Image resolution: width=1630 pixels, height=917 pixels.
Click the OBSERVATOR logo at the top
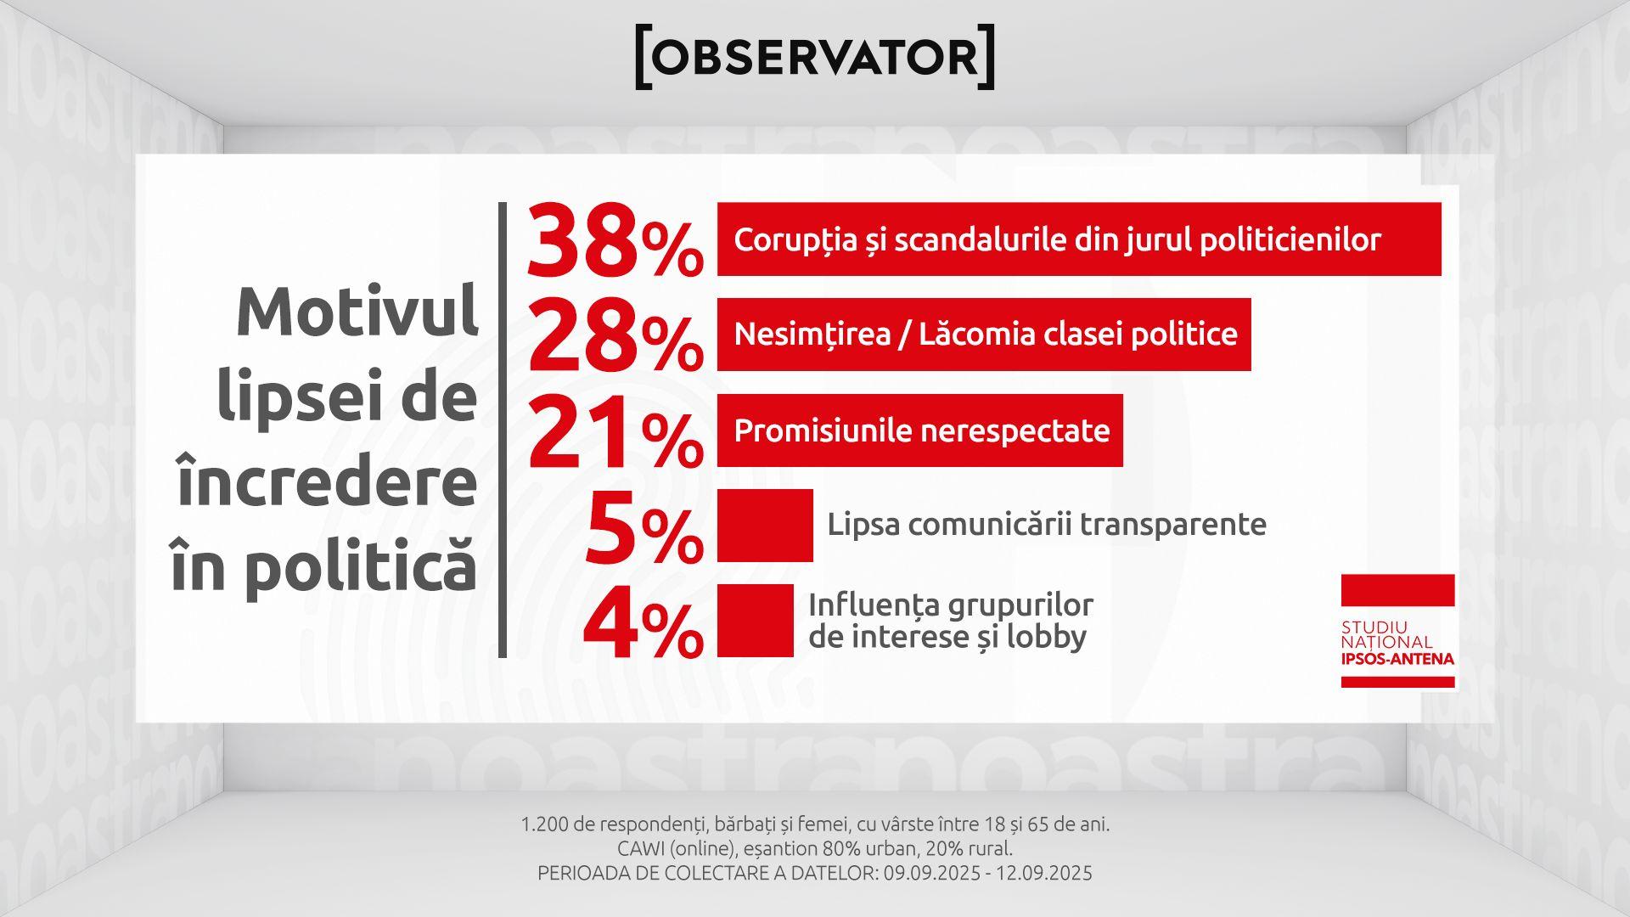815,57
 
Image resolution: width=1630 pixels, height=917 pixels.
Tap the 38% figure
615,241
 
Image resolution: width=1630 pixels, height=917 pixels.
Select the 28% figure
615,336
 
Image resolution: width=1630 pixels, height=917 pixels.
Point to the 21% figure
615,432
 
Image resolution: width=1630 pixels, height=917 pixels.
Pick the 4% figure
644,623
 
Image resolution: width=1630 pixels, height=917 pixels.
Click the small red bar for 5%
765,526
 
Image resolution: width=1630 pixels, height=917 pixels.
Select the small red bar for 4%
756,621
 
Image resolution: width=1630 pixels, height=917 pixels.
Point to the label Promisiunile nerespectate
922,430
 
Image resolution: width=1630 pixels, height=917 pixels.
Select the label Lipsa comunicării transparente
1047,524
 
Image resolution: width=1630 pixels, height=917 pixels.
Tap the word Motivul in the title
357,312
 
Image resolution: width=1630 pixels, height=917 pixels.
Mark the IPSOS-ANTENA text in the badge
1397,659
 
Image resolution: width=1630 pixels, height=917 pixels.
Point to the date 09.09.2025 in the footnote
929,873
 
